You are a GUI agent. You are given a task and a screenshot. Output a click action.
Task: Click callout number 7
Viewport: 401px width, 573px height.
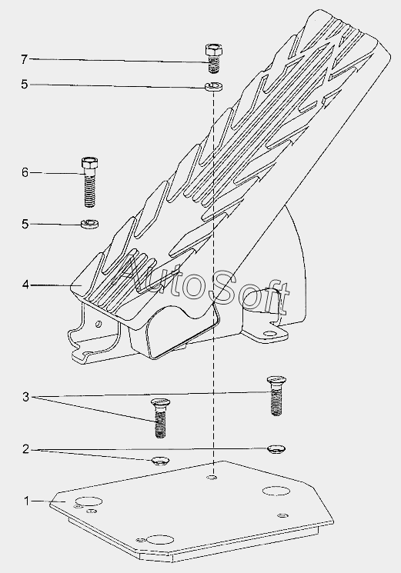pyautogui.click(x=24, y=59)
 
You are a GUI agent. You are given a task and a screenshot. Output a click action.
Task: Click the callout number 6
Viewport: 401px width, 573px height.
pyautogui.click(x=25, y=172)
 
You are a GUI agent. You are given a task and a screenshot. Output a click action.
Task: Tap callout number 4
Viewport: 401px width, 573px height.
pyautogui.click(x=25, y=285)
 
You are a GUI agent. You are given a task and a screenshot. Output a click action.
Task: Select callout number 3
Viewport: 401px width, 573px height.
pyautogui.click(x=25, y=397)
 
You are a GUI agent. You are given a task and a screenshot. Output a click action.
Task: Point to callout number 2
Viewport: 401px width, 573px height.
pyautogui.click(x=25, y=449)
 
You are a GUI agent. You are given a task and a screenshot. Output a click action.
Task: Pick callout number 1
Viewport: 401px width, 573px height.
pyautogui.click(x=26, y=501)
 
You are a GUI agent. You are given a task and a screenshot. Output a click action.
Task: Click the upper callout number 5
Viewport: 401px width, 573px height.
pyautogui.click(x=25, y=85)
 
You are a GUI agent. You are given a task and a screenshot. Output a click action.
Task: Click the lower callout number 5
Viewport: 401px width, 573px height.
pyautogui.click(x=25, y=224)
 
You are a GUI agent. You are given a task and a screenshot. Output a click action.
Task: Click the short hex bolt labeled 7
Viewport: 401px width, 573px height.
pyautogui.click(x=214, y=58)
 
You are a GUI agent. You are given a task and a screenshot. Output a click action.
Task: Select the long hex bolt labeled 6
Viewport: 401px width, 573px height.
pyautogui.click(x=90, y=182)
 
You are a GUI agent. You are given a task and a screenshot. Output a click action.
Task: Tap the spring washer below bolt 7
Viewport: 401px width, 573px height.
pyautogui.click(x=213, y=87)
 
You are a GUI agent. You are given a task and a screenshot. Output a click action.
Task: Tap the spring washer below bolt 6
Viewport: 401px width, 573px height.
pyautogui.click(x=89, y=222)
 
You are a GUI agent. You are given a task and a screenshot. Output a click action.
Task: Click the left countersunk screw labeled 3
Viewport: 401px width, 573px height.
pyautogui.click(x=160, y=418)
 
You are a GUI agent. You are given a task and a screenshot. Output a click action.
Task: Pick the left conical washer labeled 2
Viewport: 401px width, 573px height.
pyautogui.click(x=160, y=461)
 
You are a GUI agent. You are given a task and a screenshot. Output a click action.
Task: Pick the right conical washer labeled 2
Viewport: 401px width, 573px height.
pyautogui.click(x=277, y=448)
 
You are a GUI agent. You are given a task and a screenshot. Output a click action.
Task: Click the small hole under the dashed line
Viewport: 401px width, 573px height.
pyautogui.click(x=212, y=478)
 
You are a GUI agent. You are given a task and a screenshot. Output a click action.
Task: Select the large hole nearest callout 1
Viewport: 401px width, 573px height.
pyautogui.click(x=88, y=501)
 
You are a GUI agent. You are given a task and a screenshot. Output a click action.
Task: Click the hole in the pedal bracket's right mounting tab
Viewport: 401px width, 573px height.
pyautogui.click(x=270, y=334)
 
